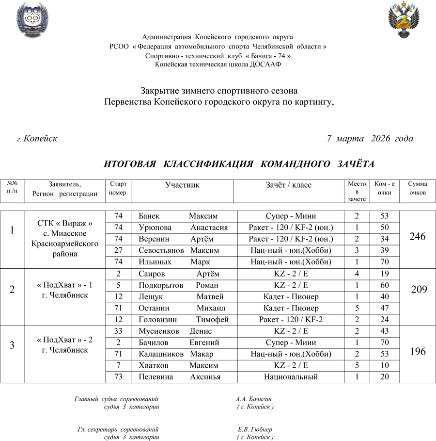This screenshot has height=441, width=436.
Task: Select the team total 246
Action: pyautogui.click(x=417, y=237)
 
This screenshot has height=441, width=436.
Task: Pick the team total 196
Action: pyautogui.click(x=417, y=352)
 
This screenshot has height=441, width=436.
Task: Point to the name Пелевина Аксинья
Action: pyautogui.click(x=179, y=377)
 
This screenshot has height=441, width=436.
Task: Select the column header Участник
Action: pyautogui.click(x=182, y=185)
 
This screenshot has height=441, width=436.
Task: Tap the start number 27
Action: pyautogui.click(x=118, y=250)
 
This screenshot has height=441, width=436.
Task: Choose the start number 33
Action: pyautogui.click(x=118, y=331)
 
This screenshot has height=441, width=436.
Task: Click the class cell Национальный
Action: pyautogui.click(x=291, y=377)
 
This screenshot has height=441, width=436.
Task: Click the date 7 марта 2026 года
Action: pyautogui.click(x=370, y=139)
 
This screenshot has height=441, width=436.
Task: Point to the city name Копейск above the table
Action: pyautogui.click(x=41, y=139)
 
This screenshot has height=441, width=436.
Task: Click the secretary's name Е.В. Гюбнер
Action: pyautogui.click(x=255, y=430)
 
